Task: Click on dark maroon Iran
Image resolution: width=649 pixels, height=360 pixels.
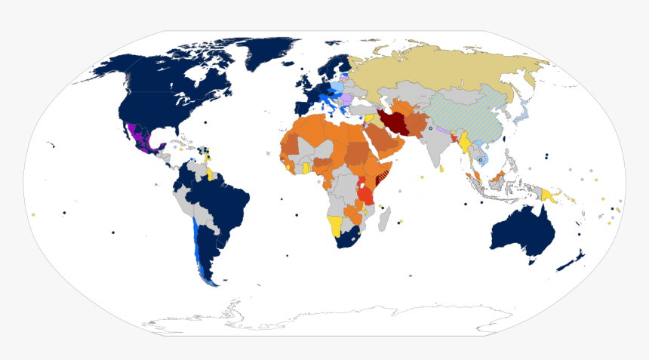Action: (395, 123)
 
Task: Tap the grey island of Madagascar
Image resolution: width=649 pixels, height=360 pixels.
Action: (384, 220)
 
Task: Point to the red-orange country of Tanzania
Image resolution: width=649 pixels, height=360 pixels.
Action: (366, 194)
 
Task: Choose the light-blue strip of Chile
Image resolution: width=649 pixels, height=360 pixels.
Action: (198, 242)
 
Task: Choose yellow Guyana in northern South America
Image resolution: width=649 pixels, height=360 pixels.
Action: (209, 175)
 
